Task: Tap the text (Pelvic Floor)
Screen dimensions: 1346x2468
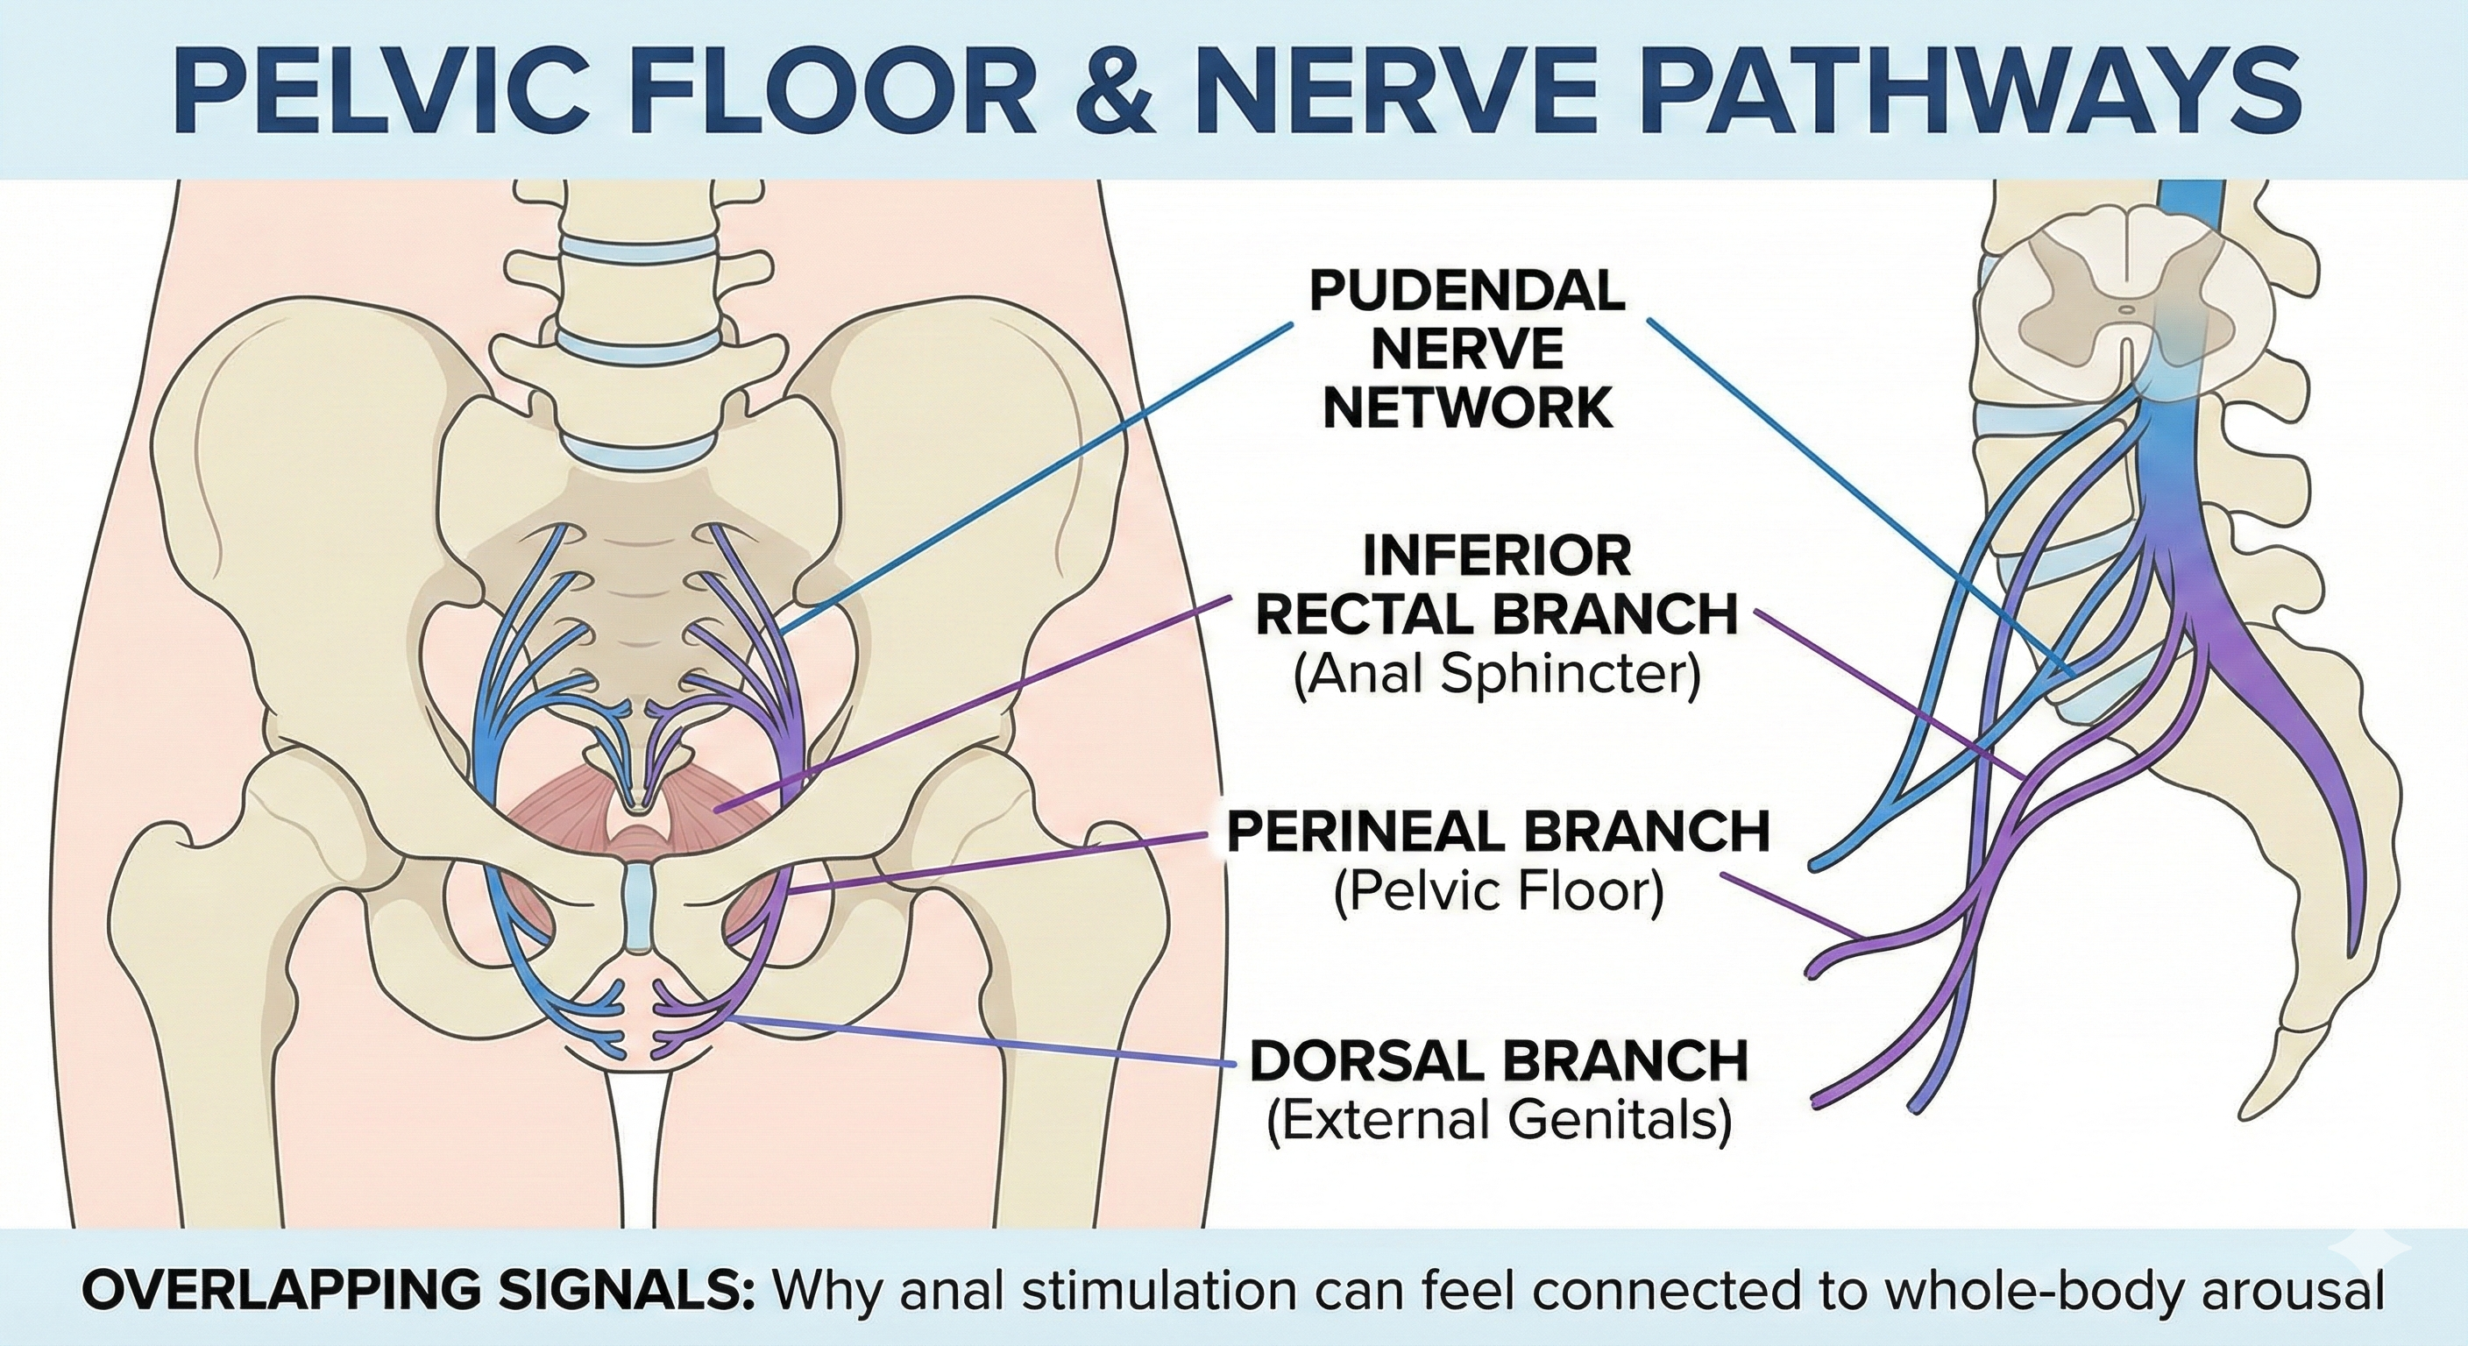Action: coord(1499,893)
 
